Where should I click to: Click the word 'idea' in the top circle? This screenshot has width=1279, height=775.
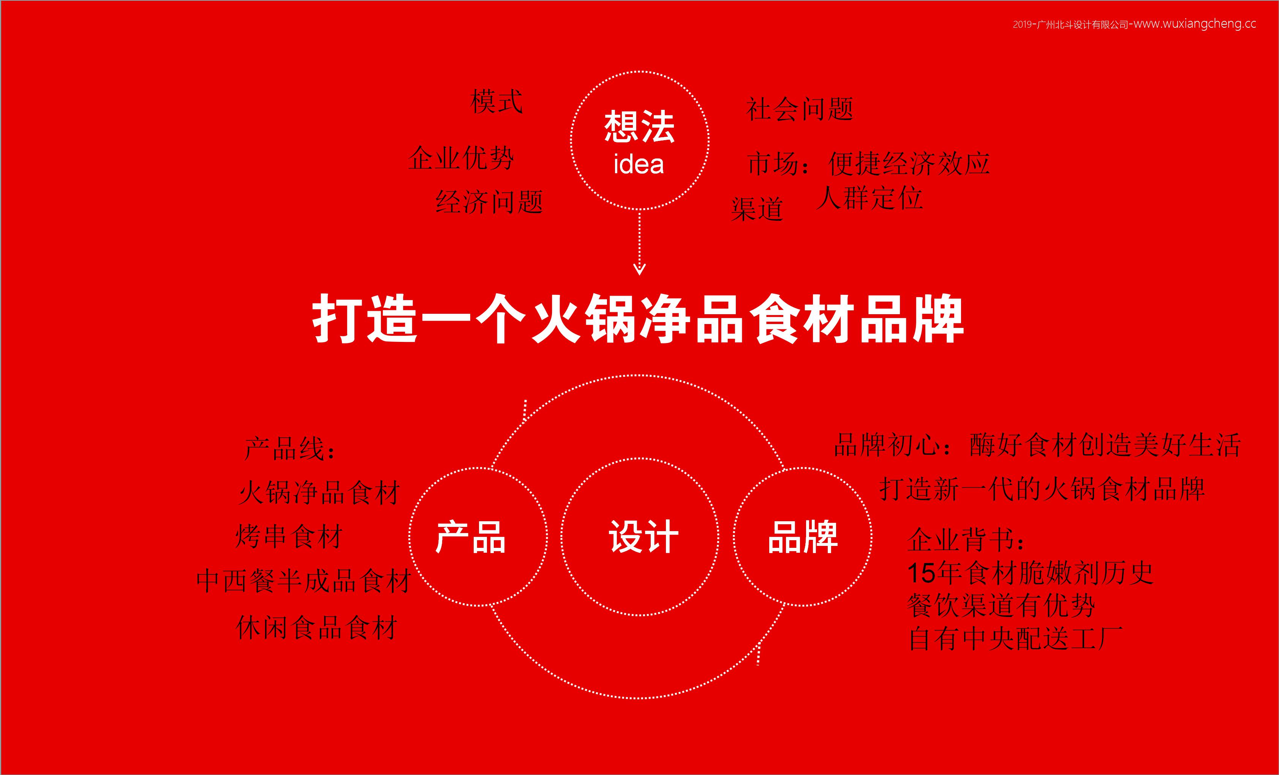coord(639,164)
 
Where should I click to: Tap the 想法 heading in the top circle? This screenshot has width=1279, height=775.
coord(639,126)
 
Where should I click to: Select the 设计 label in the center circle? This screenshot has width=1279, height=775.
coord(643,537)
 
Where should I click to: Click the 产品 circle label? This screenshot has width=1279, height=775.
coord(470,537)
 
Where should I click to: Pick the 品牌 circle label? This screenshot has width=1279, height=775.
coord(803,537)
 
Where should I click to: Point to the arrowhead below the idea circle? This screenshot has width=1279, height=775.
coord(640,269)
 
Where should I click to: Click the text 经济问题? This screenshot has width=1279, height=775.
coord(489,202)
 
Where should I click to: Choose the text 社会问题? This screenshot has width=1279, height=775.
coord(799,109)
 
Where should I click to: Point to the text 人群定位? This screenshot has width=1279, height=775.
coord(870,198)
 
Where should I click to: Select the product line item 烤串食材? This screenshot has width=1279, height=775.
coord(289,536)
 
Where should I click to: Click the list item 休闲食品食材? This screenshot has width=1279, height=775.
coord(317,628)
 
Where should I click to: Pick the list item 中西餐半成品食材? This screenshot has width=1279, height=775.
coord(304,581)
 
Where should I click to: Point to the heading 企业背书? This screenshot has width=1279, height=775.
coord(966,539)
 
